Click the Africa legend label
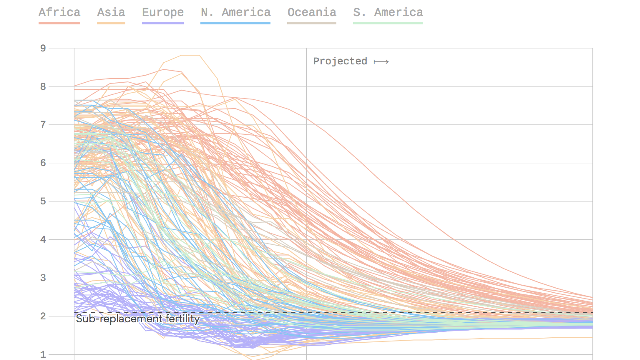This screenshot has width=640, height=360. click(59, 12)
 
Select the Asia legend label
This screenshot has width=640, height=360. click(111, 12)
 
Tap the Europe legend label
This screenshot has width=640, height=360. click(163, 12)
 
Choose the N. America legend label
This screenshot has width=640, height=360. click(235, 12)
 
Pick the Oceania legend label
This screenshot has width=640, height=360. click(312, 12)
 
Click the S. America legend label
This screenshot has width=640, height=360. click(388, 12)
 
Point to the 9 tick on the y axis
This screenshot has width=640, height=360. click(43, 48)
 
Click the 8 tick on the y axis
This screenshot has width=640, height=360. click(43, 87)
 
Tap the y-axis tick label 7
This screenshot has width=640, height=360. click(43, 125)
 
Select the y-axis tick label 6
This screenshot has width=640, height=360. click(43, 163)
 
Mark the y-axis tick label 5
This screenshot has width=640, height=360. click(43, 201)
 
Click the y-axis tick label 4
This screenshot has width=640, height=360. click(43, 239)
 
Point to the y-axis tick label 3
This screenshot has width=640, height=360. click(43, 278)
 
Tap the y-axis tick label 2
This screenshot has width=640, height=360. click(43, 316)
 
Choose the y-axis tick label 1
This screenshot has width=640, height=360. click(43, 354)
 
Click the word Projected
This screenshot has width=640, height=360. click(340, 61)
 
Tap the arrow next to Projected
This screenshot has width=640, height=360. click(381, 62)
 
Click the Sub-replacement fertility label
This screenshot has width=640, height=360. click(138, 319)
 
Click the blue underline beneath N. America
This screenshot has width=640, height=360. click(235, 23)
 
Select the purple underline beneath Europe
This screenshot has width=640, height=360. click(163, 23)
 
